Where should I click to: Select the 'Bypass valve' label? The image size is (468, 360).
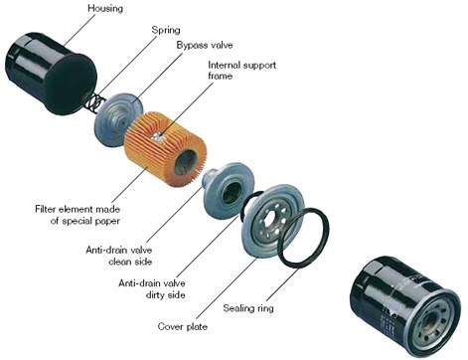point(207,46)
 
